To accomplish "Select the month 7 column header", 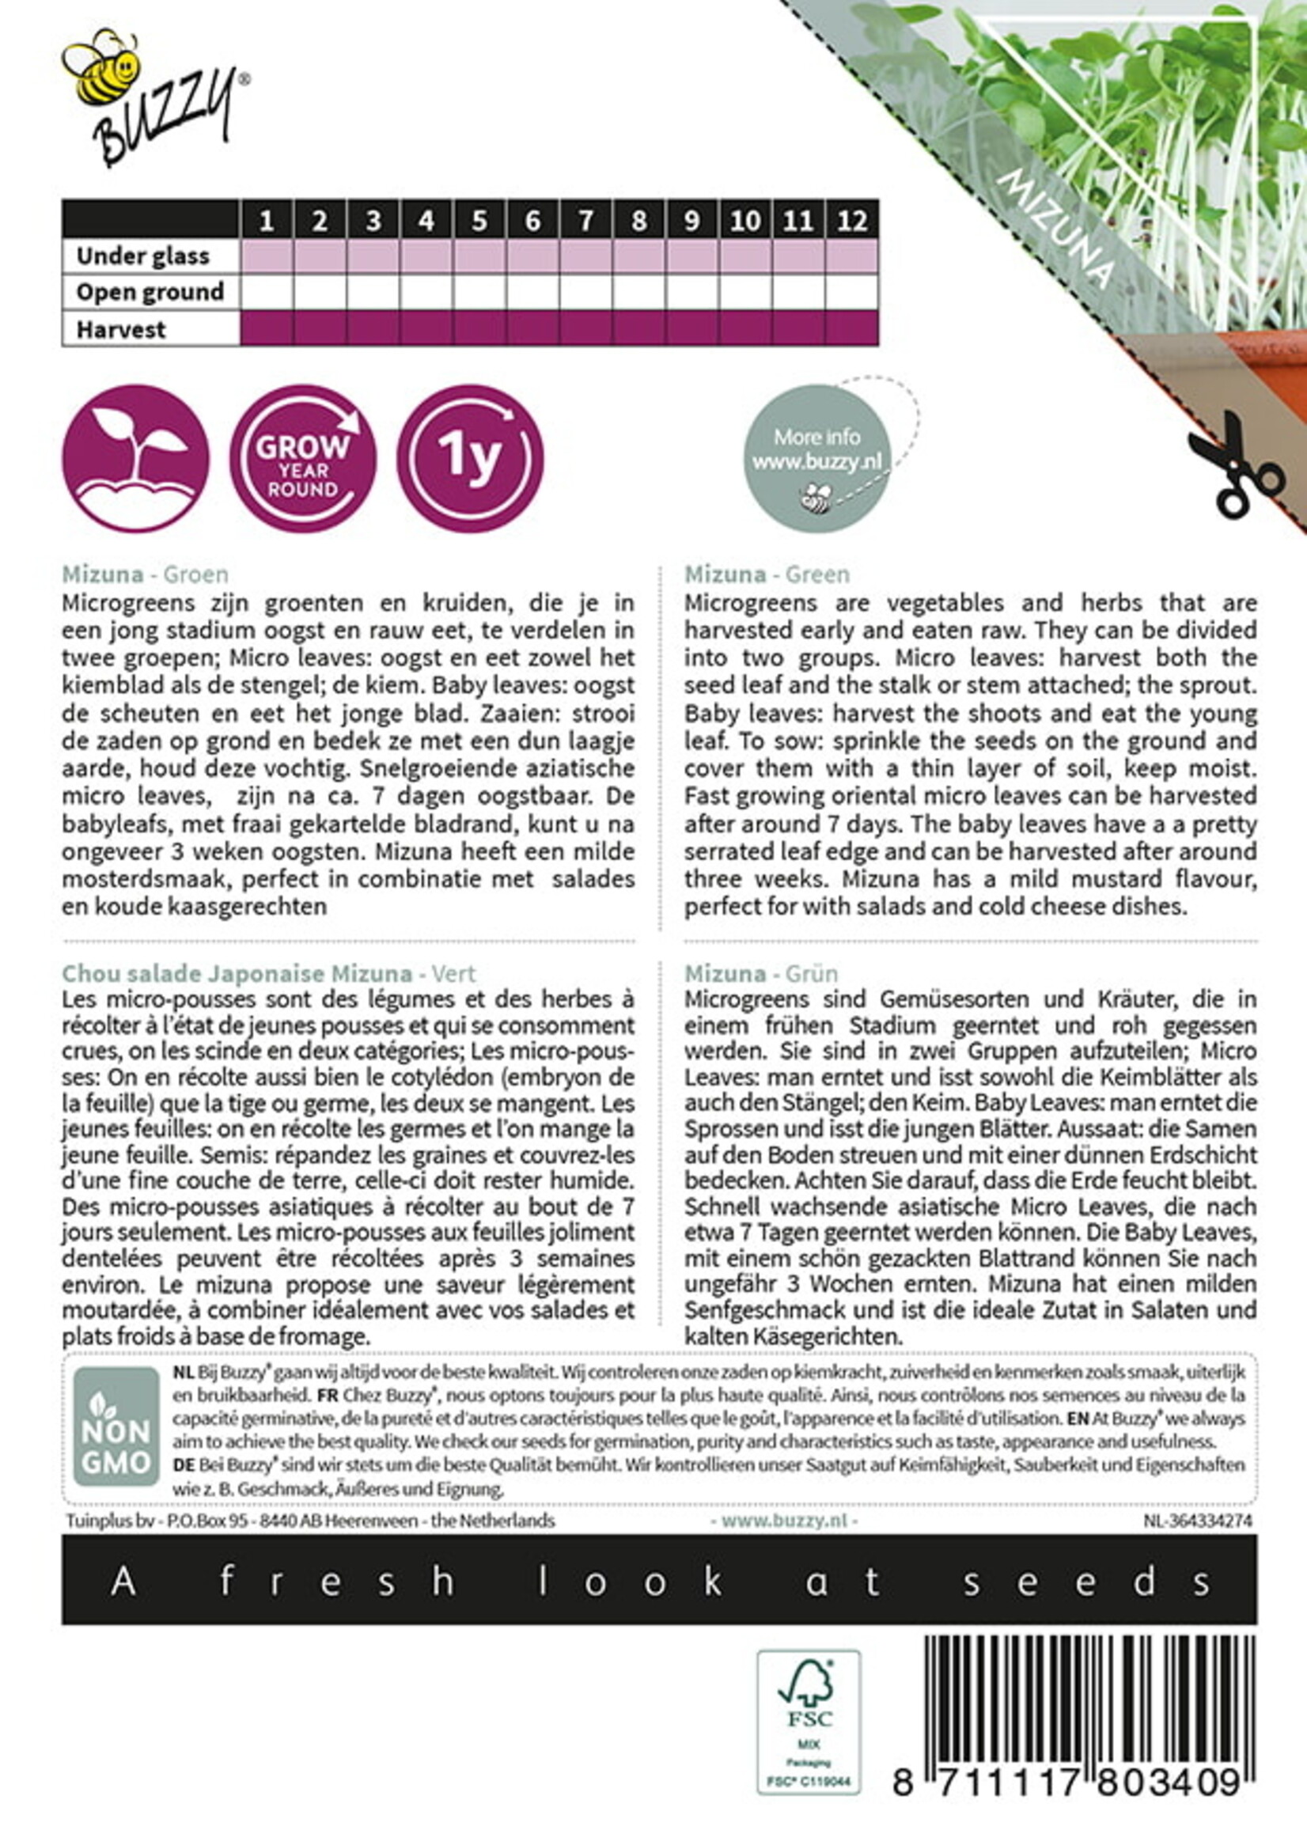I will tap(585, 220).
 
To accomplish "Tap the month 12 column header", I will tap(851, 220).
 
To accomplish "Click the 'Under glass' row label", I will tap(142, 256).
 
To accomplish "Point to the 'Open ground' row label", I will tap(150, 292).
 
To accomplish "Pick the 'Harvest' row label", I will tap(121, 329).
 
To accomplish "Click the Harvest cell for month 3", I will tap(373, 328).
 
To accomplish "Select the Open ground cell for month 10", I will tap(745, 292).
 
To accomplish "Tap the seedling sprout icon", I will tap(135, 458).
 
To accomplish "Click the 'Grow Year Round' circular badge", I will tap(302, 458).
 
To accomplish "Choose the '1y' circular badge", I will tap(470, 458).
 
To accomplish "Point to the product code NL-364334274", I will tap(1198, 1520).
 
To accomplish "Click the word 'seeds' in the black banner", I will tap(1086, 1582).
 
